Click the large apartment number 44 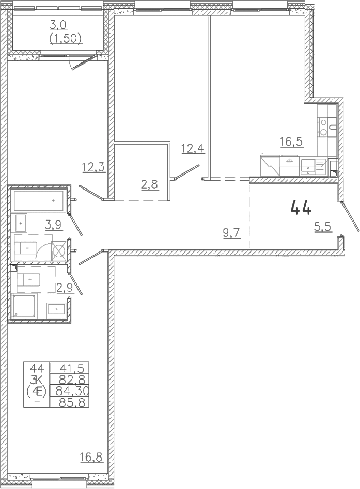[301, 208]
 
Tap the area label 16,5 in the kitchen [291, 141]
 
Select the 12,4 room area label [193, 148]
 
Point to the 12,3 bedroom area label [94, 167]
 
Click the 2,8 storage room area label [149, 185]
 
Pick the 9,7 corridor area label [232, 233]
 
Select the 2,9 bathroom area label [65, 288]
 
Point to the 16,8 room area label [91, 458]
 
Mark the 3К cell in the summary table [37, 379]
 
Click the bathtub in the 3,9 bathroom [39, 201]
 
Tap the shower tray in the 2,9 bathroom [24, 306]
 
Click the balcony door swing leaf [83, 63]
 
